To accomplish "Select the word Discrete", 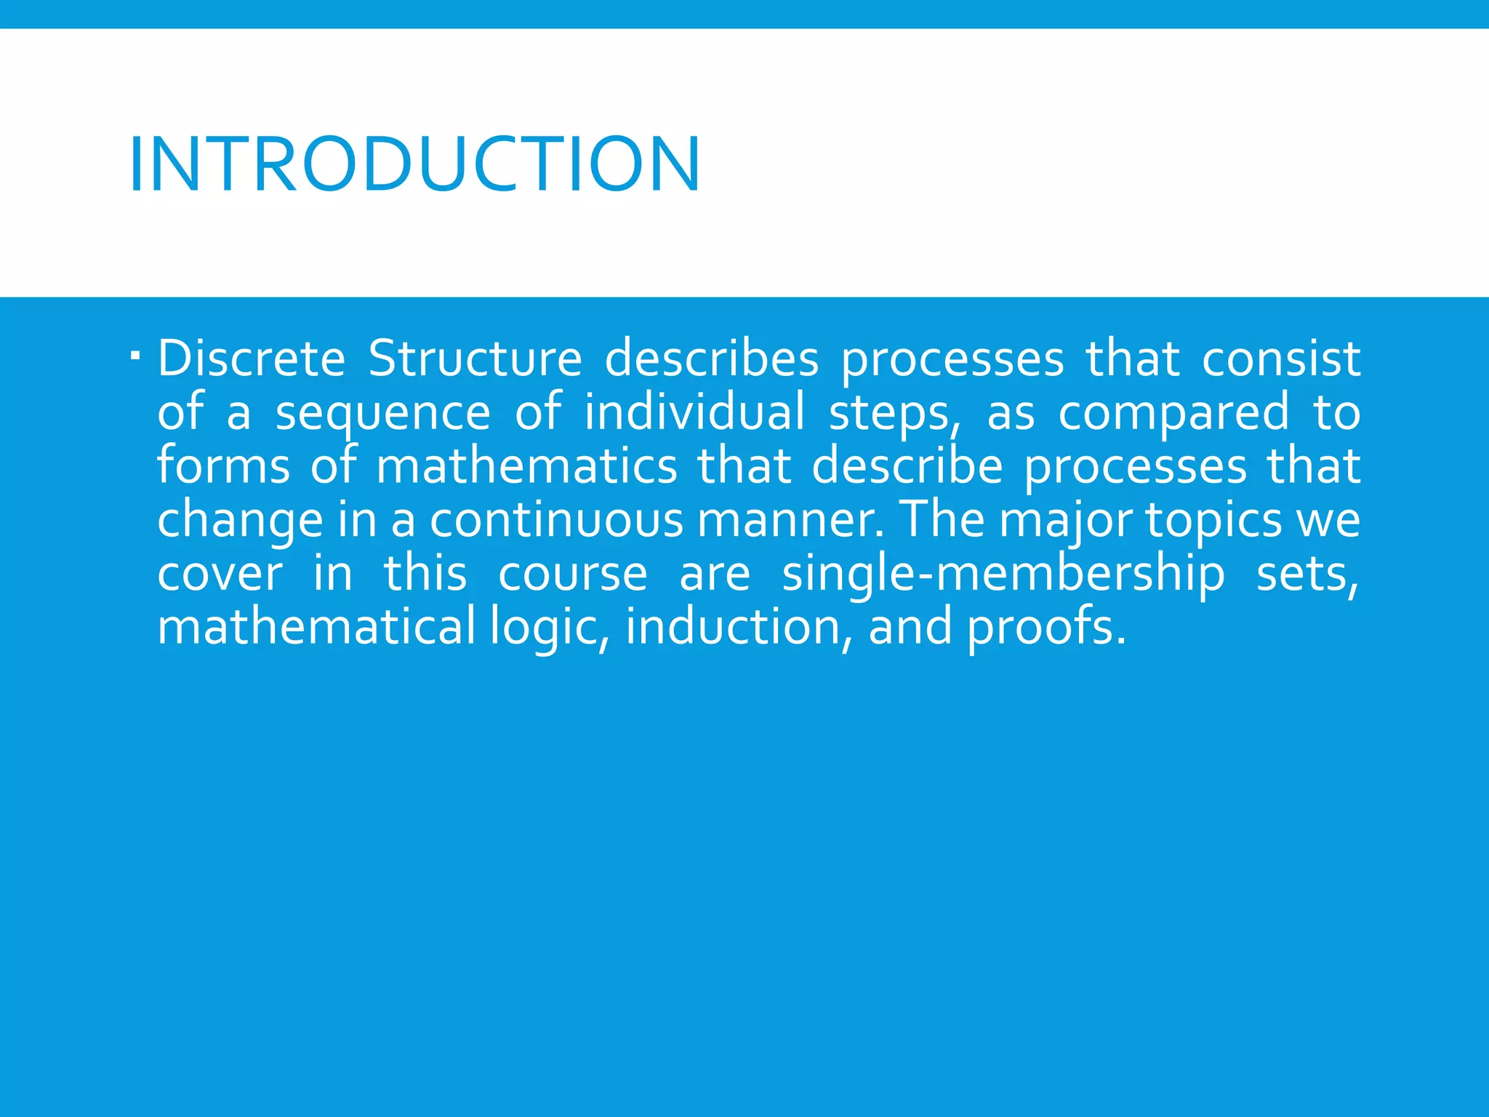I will click(x=252, y=359).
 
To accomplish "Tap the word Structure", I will click(x=475, y=359).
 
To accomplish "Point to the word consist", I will click(x=1280, y=359).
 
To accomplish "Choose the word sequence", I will click(x=383, y=413).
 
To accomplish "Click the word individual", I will click(x=694, y=412).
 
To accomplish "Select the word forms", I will click(x=223, y=465).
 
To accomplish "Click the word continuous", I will click(x=556, y=519).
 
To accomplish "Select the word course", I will click(x=573, y=573).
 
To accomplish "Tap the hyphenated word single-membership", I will click(x=1003, y=574).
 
